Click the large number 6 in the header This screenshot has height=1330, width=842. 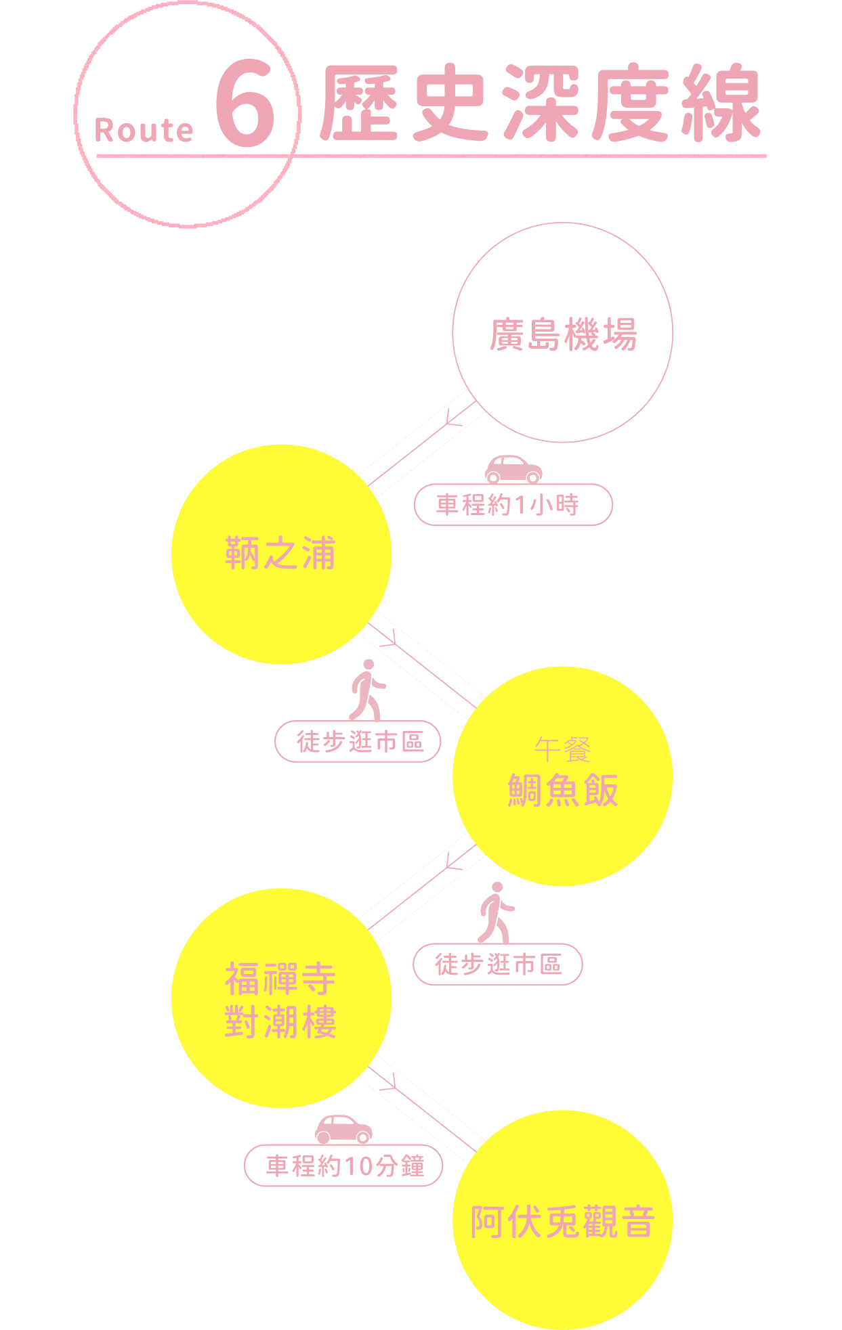tap(246, 104)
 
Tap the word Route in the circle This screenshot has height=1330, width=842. tap(144, 130)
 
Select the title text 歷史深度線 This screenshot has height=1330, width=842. tap(540, 104)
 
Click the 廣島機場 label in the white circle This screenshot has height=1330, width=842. tap(563, 334)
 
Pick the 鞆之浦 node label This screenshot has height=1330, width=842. tap(280, 553)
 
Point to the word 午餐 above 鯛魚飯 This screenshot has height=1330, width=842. tap(562, 749)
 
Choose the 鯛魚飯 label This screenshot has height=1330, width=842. tap(563, 790)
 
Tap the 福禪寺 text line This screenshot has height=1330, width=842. tap(280, 979)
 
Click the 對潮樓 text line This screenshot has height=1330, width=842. tap(280, 1021)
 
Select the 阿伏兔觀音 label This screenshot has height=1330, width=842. tap(563, 1222)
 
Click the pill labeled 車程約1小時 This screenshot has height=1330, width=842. tap(513, 505)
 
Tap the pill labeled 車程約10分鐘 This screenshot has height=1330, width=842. tap(343, 1166)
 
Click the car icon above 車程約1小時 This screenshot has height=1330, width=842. tap(513, 468)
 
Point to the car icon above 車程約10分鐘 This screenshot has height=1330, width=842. tap(343, 1129)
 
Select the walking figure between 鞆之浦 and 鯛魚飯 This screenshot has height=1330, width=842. tap(366, 690)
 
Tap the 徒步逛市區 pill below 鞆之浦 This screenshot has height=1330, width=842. tap(358, 742)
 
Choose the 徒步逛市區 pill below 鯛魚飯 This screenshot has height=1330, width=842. tap(497, 964)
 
